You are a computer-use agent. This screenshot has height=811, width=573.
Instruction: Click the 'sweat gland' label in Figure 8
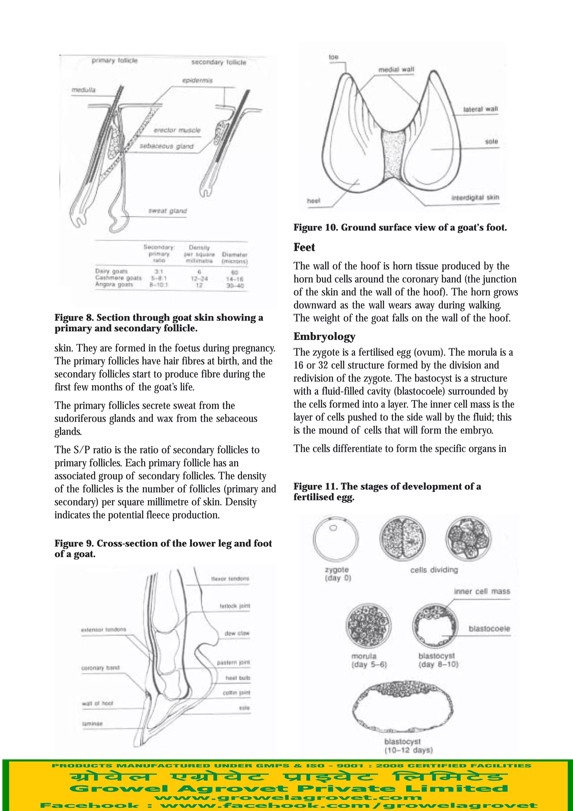click(167, 211)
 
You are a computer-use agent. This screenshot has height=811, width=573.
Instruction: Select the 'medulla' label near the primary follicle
click(83, 90)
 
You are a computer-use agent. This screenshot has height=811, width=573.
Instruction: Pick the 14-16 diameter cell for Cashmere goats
click(235, 279)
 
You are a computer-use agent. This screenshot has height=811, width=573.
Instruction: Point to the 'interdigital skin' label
click(475, 198)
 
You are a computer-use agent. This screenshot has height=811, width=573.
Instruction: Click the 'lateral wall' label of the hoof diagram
click(480, 109)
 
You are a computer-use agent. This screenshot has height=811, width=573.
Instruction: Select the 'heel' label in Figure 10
click(314, 201)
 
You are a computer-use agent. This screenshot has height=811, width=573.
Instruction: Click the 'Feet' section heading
click(304, 247)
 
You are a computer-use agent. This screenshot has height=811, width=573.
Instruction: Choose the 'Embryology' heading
click(324, 336)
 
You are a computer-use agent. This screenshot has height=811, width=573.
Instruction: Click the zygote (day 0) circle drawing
click(336, 539)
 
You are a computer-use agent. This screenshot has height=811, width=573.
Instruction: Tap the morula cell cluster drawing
click(368, 625)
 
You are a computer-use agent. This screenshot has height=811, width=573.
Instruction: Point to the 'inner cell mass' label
click(482, 591)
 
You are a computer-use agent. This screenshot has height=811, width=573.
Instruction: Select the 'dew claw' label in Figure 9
click(237, 633)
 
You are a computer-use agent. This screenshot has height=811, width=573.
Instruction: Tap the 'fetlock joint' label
click(235, 606)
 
